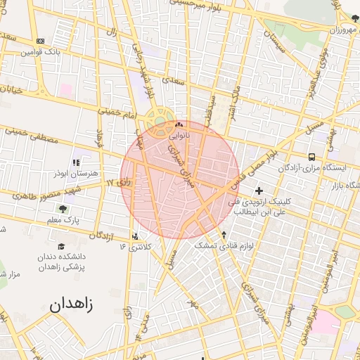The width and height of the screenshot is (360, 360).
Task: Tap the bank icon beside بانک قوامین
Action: [x=40, y=41]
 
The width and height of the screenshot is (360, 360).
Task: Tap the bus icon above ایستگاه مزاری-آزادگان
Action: [x=311, y=157]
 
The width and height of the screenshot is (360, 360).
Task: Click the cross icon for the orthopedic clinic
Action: [x=259, y=191]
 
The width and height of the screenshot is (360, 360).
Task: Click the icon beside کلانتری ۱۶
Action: [x=136, y=236]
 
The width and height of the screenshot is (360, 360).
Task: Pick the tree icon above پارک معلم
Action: [x=63, y=209]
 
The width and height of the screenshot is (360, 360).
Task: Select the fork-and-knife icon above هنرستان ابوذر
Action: [x=77, y=162]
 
